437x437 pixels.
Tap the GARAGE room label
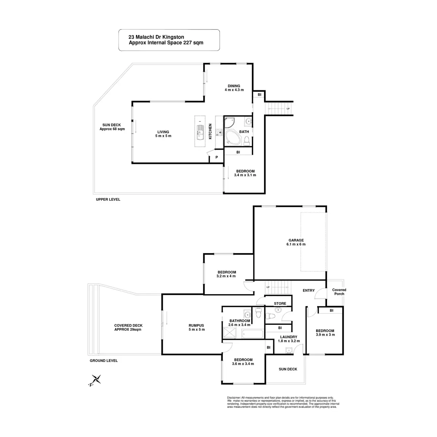pos(296,240)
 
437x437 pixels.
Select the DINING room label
pos(234,86)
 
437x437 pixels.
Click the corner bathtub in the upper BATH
pos(232,138)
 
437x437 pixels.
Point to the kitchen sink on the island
pos(200,131)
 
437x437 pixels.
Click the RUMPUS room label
pos(196,326)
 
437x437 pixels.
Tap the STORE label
pos(280,303)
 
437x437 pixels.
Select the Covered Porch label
pos(339,292)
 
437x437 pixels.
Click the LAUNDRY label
pos(288,337)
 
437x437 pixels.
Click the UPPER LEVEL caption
pos(108,200)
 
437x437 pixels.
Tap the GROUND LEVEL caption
pos(103,361)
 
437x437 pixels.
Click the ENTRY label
pos(308,290)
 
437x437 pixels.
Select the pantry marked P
pos(217,157)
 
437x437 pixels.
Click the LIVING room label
pos(163,132)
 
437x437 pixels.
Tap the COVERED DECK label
pos(128,326)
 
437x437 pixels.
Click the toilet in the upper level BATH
pos(247,139)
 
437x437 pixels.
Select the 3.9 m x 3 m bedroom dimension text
pos(325,335)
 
